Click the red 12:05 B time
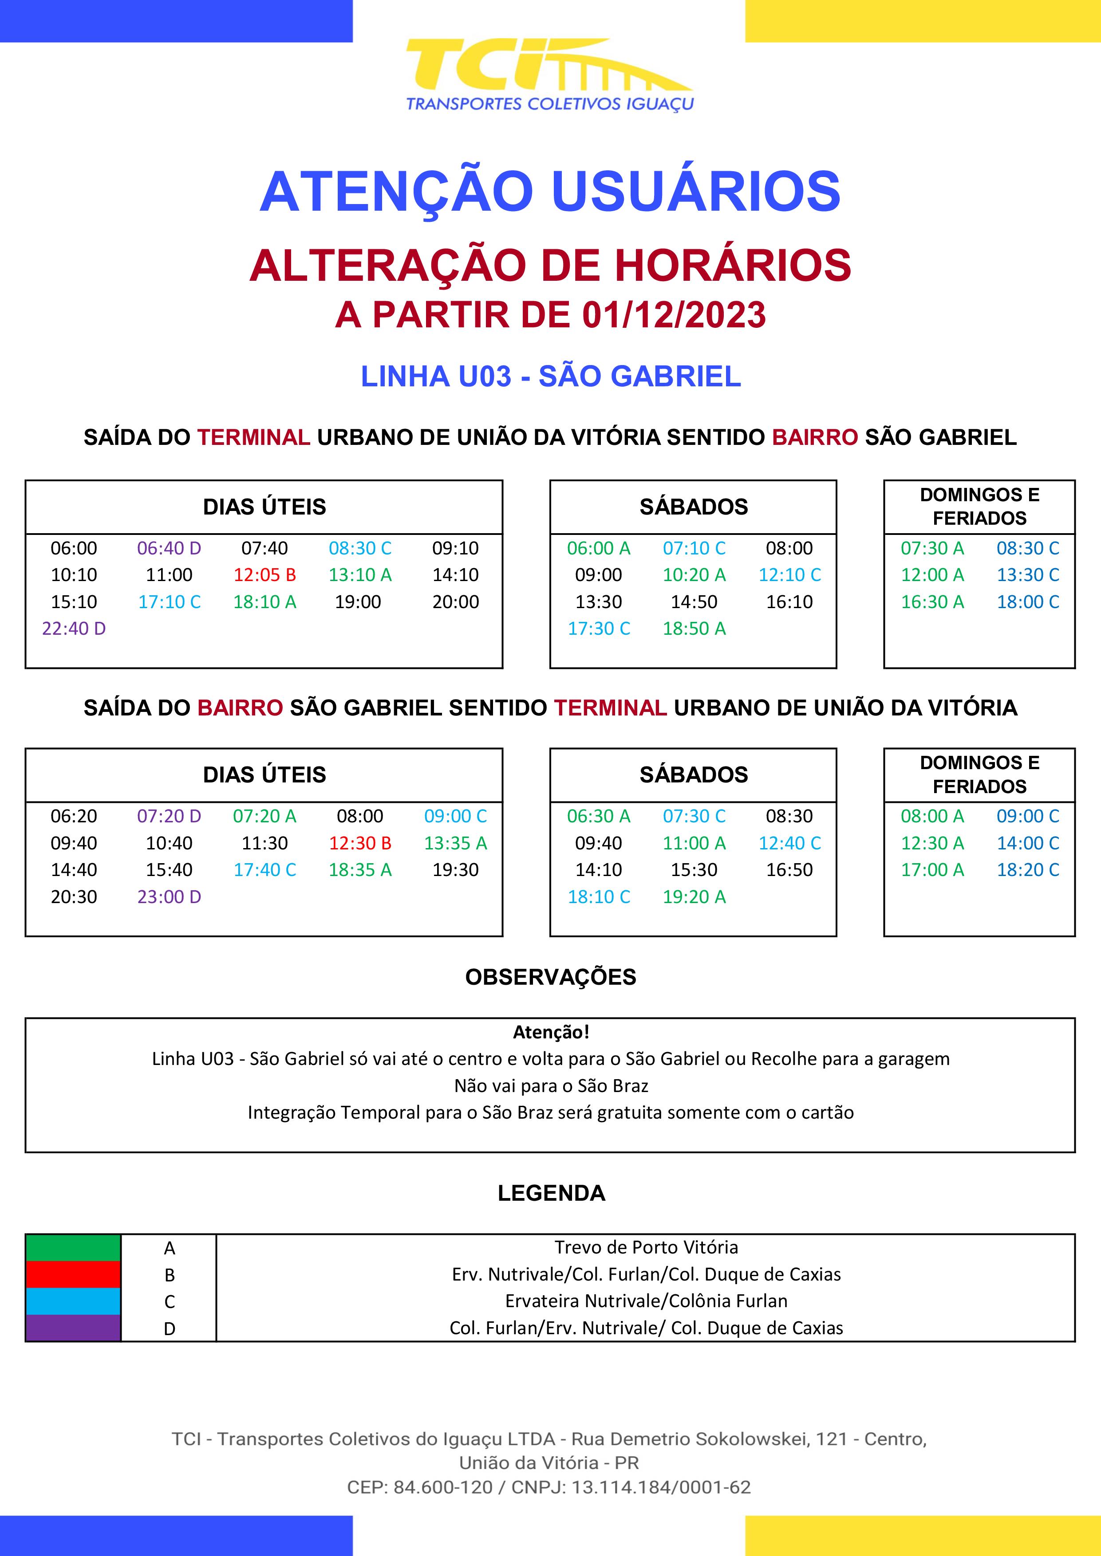[x=264, y=575]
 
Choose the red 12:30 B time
[x=360, y=844]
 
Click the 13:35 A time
[x=456, y=844]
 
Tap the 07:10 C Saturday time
[x=694, y=548]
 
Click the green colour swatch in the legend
[x=73, y=1248]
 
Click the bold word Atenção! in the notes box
[x=550, y=1032]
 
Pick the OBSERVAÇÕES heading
[x=550, y=977]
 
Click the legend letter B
[x=170, y=1275]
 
